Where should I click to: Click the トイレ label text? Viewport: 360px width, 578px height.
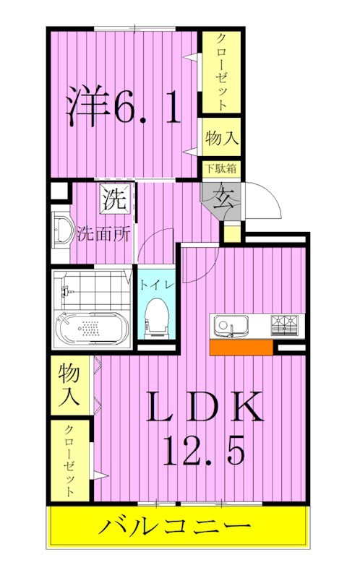(x=155, y=285)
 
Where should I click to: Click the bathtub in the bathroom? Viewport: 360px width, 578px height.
(x=92, y=329)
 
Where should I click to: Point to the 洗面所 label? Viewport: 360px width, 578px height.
(x=99, y=233)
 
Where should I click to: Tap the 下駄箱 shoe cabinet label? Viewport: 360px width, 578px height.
(x=220, y=169)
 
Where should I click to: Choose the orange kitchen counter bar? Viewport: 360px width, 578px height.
(x=241, y=348)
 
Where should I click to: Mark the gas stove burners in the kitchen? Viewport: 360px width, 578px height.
(x=286, y=324)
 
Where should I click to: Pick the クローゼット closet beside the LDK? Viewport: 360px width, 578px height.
(x=70, y=460)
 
